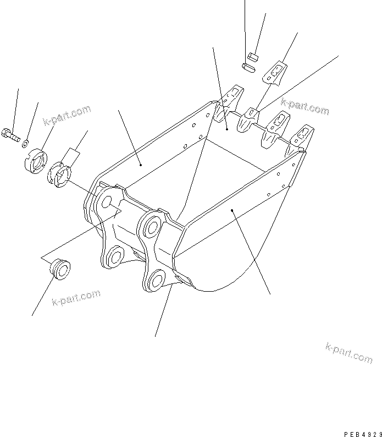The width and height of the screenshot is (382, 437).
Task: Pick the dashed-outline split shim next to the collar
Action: click(60, 175)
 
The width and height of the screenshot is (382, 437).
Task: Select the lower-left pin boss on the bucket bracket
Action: click(116, 255)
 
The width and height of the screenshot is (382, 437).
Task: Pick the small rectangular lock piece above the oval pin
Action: click(253, 55)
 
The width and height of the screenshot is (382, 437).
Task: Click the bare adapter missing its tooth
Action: click(249, 118)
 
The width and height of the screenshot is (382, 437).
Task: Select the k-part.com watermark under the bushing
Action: click(76, 299)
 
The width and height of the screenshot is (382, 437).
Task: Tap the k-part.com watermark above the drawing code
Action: click(348, 352)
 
